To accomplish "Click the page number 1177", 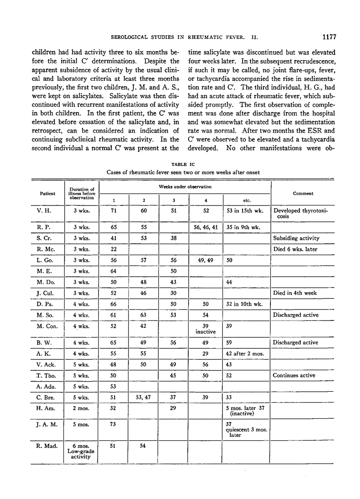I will point(329,37).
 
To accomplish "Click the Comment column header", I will point(303,193).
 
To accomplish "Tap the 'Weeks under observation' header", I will point(184,187).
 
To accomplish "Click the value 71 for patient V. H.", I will point(114,211).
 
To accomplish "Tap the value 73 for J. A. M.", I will point(114,424).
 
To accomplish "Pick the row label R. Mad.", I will point(46,446).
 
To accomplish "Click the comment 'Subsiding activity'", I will point(297,238).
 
